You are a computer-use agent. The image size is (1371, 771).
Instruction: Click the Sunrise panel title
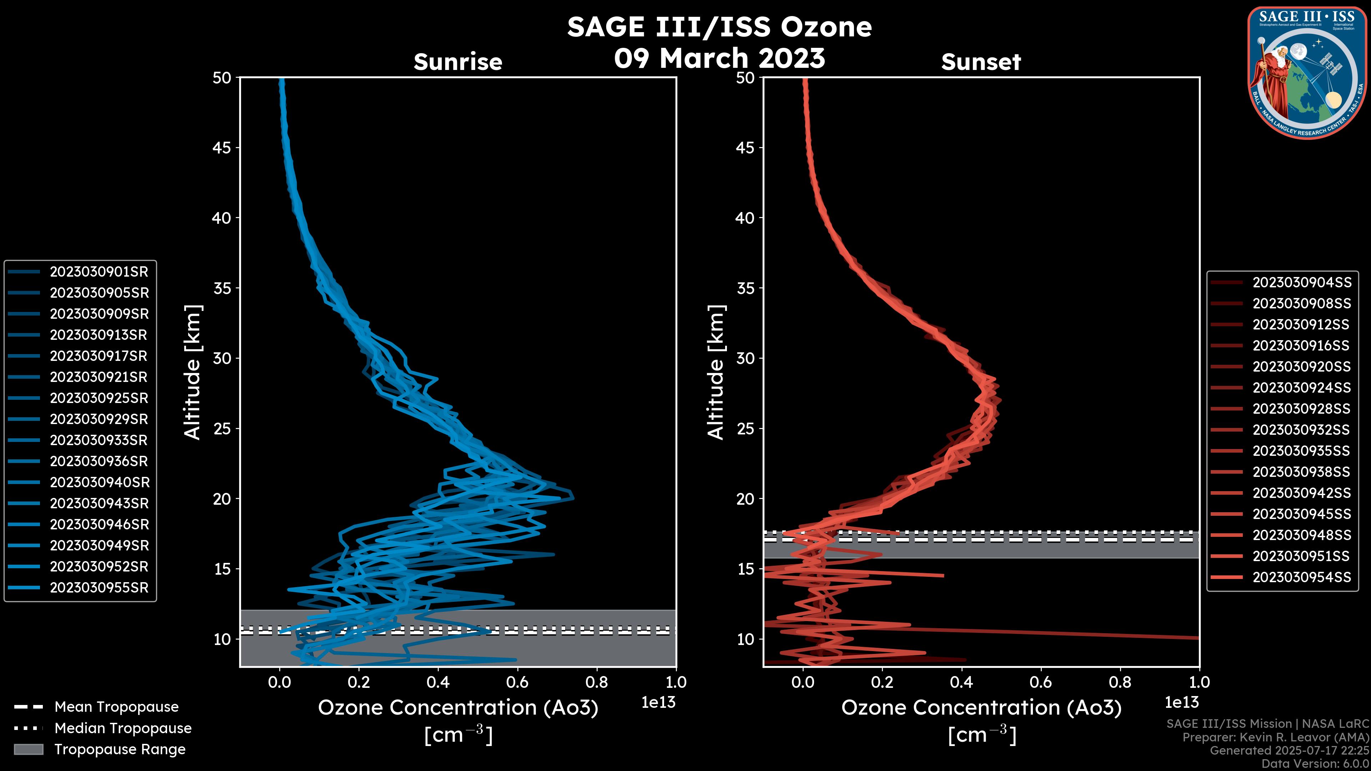458,62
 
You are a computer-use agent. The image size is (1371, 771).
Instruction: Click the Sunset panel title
981,62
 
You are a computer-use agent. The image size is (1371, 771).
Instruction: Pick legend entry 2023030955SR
99,588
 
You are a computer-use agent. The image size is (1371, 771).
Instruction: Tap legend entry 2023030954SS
1301,577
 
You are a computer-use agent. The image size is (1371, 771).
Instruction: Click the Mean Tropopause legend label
116,707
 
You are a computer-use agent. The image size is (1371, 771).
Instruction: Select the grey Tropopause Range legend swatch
28,749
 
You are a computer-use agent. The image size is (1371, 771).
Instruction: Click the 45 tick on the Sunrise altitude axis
222,147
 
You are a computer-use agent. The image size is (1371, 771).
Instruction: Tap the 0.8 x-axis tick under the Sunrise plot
596,682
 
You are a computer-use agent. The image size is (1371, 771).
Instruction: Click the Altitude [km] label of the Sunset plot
716,372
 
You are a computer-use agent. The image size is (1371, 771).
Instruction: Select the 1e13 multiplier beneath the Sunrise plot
658,702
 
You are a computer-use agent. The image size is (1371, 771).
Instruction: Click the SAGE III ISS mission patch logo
1308,73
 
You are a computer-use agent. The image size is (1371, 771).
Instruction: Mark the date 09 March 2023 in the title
719,58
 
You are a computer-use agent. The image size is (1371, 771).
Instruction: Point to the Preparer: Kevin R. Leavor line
1276,737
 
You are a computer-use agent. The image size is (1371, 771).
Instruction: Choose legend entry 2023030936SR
99,461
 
